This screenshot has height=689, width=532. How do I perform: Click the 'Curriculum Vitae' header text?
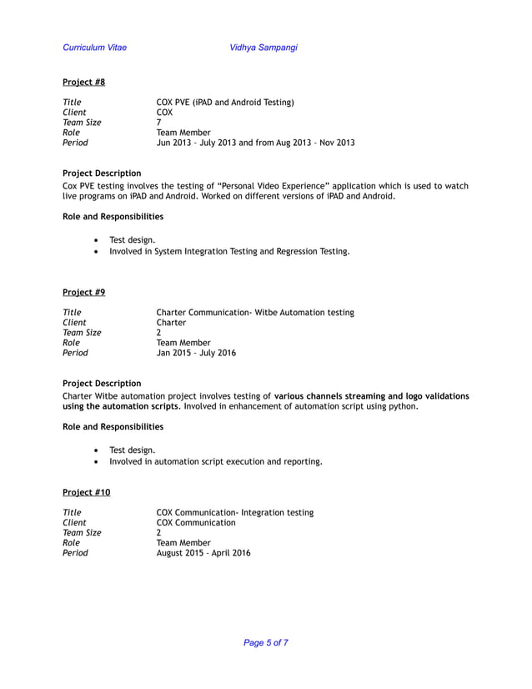coord(95,48)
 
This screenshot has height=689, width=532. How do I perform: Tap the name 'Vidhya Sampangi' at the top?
coord(263,48)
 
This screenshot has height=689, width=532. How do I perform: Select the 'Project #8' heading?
coord(84,82)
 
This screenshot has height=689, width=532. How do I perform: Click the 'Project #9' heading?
coord(84,292)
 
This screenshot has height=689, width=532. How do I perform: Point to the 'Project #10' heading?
coord(87,492)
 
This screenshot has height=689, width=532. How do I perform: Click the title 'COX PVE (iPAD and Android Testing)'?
coord(225,103)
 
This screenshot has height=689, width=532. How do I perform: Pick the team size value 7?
coord(159,123)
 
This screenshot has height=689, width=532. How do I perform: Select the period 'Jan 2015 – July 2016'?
coord(196,353)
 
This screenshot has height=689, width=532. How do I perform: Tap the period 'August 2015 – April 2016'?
coord(203,553)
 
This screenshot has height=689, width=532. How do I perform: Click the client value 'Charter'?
coord(171,323)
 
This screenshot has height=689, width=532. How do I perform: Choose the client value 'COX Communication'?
coord(196,523)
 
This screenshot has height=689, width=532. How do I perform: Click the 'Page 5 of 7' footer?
coord(266,642)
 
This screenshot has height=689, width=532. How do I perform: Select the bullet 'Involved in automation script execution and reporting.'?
coord(216,461)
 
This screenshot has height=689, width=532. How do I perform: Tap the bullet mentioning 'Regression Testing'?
coord(229,251)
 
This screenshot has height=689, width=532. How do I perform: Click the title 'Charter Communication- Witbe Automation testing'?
coord(255,313)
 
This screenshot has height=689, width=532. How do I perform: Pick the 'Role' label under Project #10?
coord(72,543)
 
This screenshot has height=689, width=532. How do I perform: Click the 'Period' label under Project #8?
coord(75,143)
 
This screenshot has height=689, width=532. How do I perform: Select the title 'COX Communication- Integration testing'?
coord(235,512)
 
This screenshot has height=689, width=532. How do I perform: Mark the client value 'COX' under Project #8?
coord(165,113)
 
